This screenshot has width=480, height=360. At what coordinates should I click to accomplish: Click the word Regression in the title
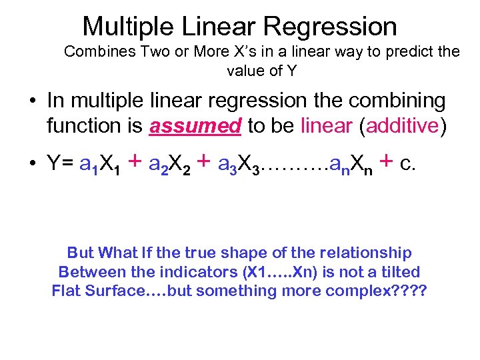coord(330,27)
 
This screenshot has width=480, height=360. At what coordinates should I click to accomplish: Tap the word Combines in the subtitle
coord(92,52)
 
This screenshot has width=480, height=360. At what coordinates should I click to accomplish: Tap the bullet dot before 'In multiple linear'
coord(33,102)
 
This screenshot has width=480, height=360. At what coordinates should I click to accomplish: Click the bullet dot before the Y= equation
coord(33,164)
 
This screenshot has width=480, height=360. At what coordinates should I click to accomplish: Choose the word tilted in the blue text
coord(398,272)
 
